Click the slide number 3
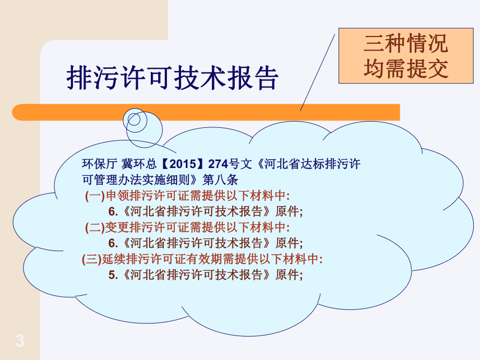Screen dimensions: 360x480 [20, 341]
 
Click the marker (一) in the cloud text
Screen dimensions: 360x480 [94, 196]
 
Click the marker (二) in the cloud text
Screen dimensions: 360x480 [94, 227]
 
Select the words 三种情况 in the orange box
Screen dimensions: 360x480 [406, 44]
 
